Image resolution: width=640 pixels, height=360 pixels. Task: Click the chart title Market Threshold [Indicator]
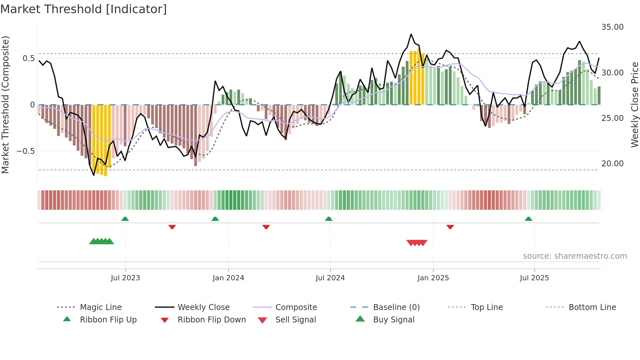[84, 9]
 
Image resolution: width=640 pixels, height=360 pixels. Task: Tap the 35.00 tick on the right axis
[612, 27]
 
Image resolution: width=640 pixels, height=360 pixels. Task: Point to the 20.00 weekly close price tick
[612, 164]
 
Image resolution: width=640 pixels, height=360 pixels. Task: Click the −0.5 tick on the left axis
[25, 151]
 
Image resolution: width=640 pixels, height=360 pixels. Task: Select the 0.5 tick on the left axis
[28, 58]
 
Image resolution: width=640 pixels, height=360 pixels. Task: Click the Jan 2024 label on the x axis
[228, 278]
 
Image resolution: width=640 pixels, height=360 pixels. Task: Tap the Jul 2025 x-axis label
[534, 278]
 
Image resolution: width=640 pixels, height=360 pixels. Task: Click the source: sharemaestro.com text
[575, 256]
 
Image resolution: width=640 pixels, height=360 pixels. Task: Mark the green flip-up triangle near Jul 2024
[329, 219]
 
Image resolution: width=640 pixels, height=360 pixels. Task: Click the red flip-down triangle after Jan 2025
[450, 227]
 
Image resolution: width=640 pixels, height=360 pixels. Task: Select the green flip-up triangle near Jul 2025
[529, 219]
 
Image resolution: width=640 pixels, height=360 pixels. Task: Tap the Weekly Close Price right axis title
[634, 105]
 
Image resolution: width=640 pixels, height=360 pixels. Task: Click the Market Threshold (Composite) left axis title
[5, 105]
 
